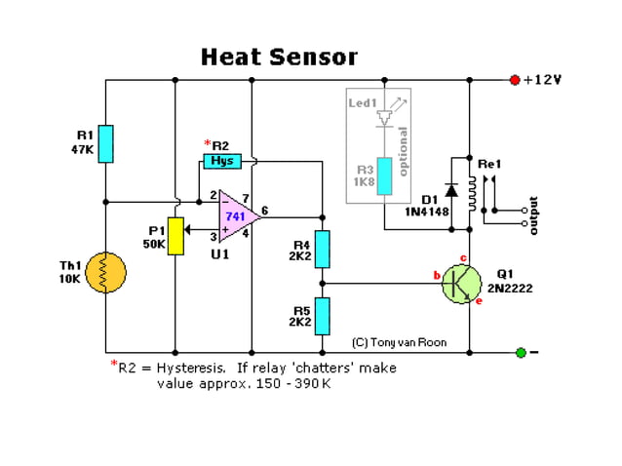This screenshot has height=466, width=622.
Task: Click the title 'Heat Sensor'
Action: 279,58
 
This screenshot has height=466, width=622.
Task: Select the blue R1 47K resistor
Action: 107,143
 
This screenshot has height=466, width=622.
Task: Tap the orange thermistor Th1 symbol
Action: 107,273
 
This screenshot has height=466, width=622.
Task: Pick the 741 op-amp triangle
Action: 235,214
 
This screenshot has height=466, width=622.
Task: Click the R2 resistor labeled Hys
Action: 222,161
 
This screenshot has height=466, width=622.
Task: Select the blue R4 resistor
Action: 323,249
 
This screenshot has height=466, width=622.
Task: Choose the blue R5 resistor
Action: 323,316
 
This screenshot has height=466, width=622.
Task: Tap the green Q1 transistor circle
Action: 461,283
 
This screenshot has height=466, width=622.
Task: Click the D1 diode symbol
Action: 451,189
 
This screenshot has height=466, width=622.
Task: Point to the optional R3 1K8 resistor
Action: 385,175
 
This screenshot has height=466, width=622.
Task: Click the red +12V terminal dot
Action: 514,80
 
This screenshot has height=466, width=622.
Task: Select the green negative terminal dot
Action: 521,352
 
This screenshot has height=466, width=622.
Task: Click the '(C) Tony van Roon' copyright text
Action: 400,342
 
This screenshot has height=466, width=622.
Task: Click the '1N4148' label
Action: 427,211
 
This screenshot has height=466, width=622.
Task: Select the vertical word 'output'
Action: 532,215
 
